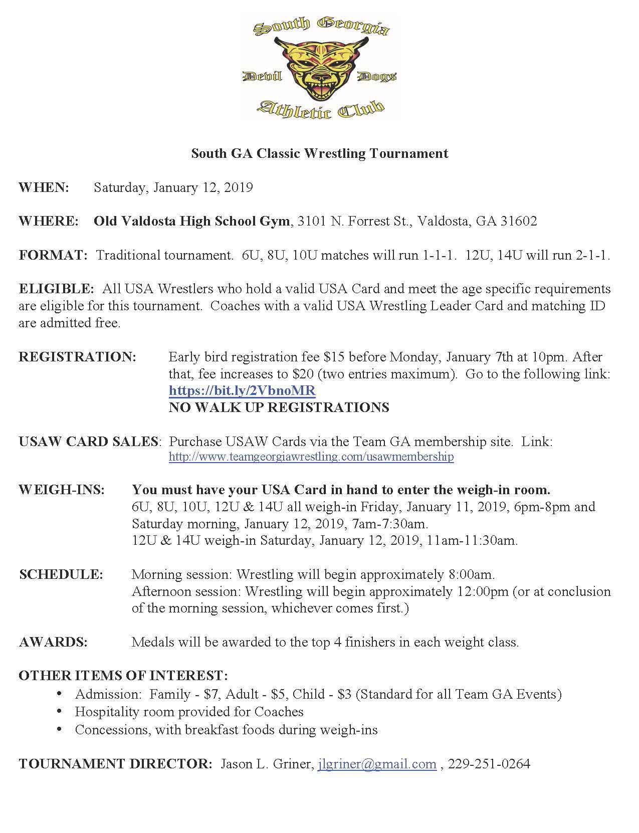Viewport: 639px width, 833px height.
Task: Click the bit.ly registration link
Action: pos(242,390)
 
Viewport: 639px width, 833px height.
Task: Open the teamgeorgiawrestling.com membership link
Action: pos(311,457)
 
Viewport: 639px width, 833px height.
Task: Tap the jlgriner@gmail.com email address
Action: pos(377,764)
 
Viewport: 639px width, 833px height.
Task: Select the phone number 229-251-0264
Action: pos(489,764)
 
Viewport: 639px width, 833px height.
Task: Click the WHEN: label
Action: pos(44,187)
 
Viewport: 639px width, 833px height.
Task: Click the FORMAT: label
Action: pos(53,255)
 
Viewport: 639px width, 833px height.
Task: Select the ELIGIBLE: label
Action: pos(56,289)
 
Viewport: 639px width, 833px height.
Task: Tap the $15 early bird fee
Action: pos(334,357)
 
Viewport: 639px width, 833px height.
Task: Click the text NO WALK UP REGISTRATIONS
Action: pos(279,407)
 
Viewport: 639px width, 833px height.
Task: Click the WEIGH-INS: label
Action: pos(62,490)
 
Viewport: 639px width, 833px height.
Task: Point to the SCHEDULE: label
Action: pos(61,574)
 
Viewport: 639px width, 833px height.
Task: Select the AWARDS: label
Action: pos(53,642)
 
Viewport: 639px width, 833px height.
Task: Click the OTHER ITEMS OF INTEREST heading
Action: pos(123,676)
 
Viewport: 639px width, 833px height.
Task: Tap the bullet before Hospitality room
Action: pos(60,712)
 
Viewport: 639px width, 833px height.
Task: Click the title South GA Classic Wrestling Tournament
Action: pos(319,153)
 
